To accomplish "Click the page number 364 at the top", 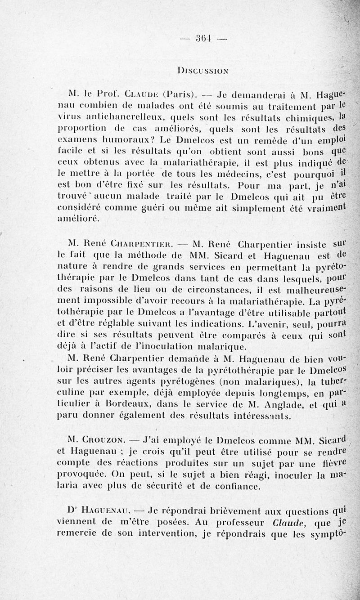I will pyautogui.click(x=204, y=38).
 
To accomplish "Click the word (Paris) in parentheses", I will pyautogui.click(x=180, y=95).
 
